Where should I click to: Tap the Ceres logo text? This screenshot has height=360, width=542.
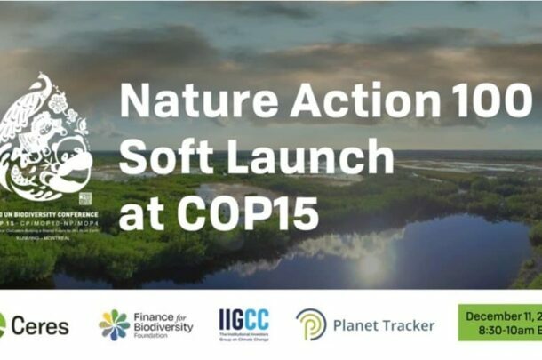[x=39, y=325]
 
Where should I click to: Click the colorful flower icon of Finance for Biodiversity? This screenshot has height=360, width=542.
[x=114, y=325]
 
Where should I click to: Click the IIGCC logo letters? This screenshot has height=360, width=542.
[x=243, y=319]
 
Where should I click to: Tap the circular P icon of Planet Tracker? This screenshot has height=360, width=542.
[x=311, y=324]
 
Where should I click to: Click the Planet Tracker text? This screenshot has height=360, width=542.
[x=384, y=325]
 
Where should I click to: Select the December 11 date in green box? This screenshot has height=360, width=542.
[x=502, y=316]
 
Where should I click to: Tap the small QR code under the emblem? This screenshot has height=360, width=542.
[x=84, y=198]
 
